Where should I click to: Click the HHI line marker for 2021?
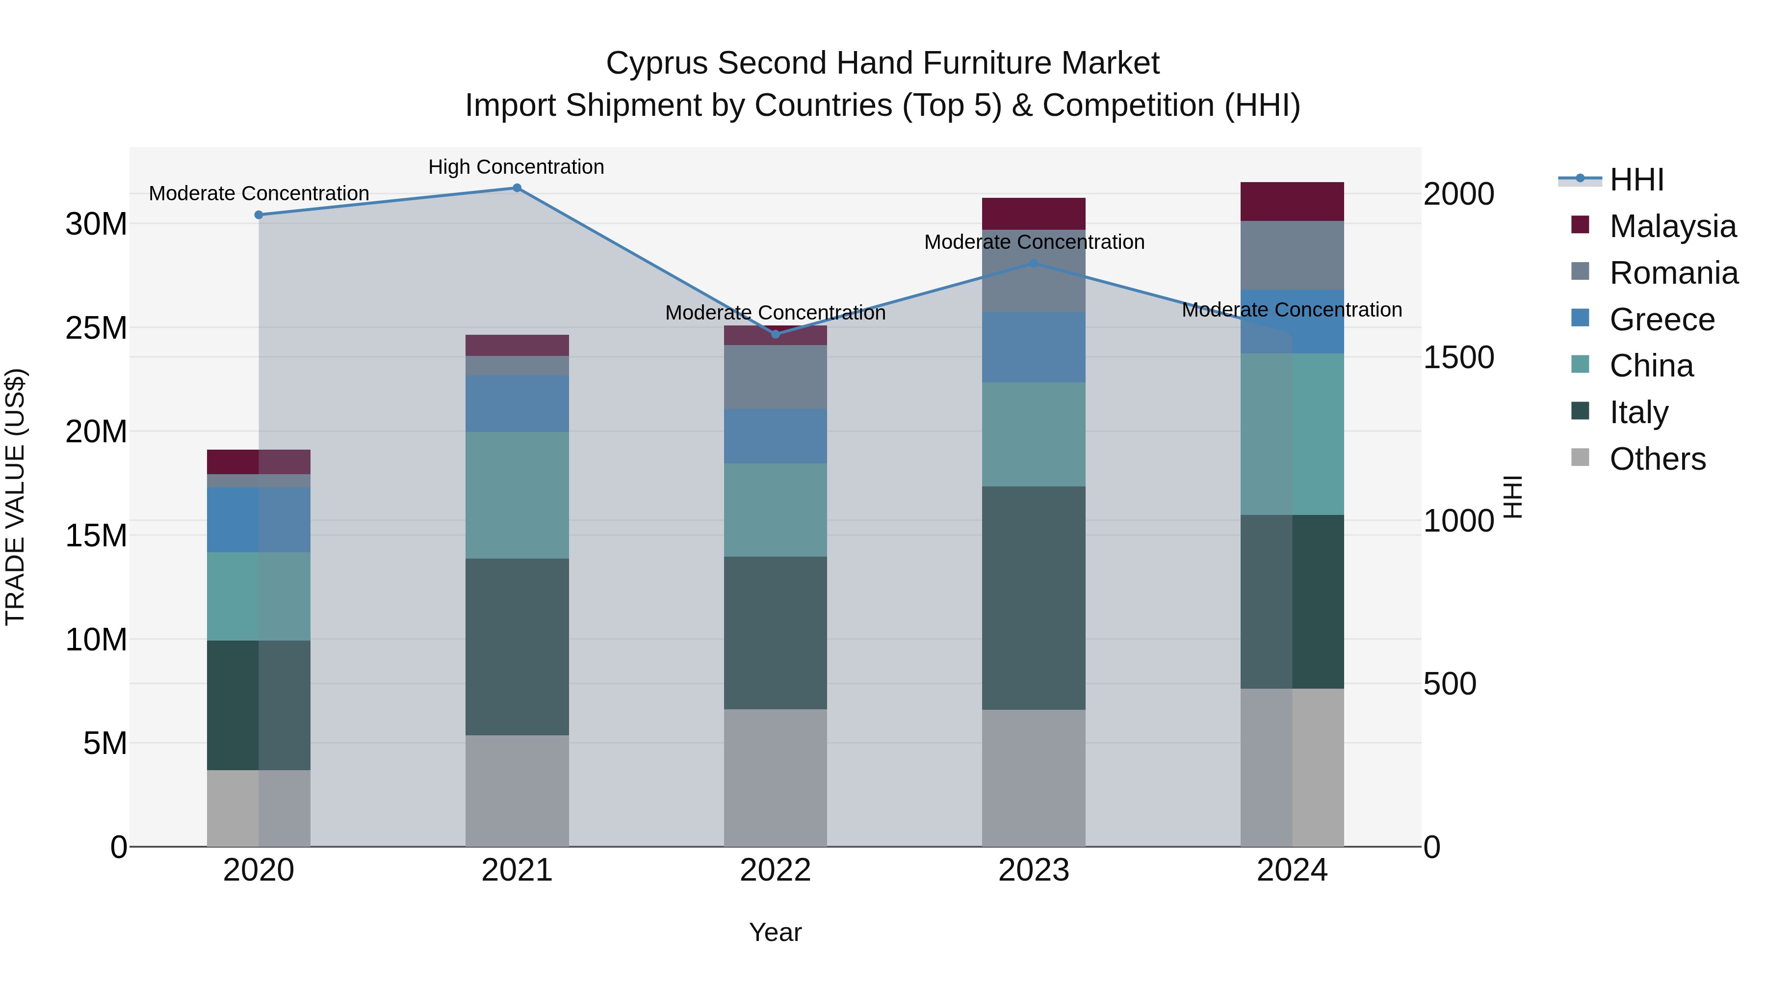[x=517, y=188]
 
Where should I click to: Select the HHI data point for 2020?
[x=259, y=215]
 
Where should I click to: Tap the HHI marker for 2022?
[x=776, y=334]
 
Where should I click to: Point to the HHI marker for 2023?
[x=1034, y=264]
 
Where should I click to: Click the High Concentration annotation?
[x=516, y=167]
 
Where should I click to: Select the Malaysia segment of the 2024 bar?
[x=1292, y=202]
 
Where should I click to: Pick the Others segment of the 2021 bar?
[x=517, y=790]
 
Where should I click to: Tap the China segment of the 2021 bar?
[x=517, y=495]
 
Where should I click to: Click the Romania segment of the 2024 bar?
[x=1292, y=255]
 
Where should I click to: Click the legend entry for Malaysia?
[x=1672, y=226]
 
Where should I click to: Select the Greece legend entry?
[x=1662, y=320]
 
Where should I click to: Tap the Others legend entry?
[x=1657, y=459]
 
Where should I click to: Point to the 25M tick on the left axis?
[x=96, y=328]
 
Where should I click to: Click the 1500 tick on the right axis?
[x=1459, y=357]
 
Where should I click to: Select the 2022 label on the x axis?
[x=776, y=870]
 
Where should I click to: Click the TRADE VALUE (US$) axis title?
[x=15, y=497]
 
